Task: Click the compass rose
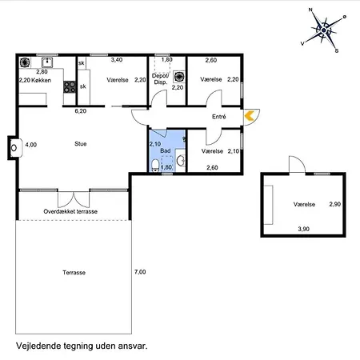pos(324,30)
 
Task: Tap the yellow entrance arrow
pos(250,116)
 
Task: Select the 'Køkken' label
pos(42,80)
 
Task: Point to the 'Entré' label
pos(218,117)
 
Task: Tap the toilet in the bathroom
pos(181,162)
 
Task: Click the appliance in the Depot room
pos(179,78)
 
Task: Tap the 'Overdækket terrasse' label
pos(70,211)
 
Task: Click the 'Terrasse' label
pos(74,273)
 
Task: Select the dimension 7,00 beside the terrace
pos(140,273)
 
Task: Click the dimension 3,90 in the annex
pos(304,230)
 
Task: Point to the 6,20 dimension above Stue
pos(80,111)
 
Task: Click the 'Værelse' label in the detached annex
pos(304,205)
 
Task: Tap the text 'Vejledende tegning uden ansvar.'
pos(82,346)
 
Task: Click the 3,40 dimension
pos(116,60)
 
